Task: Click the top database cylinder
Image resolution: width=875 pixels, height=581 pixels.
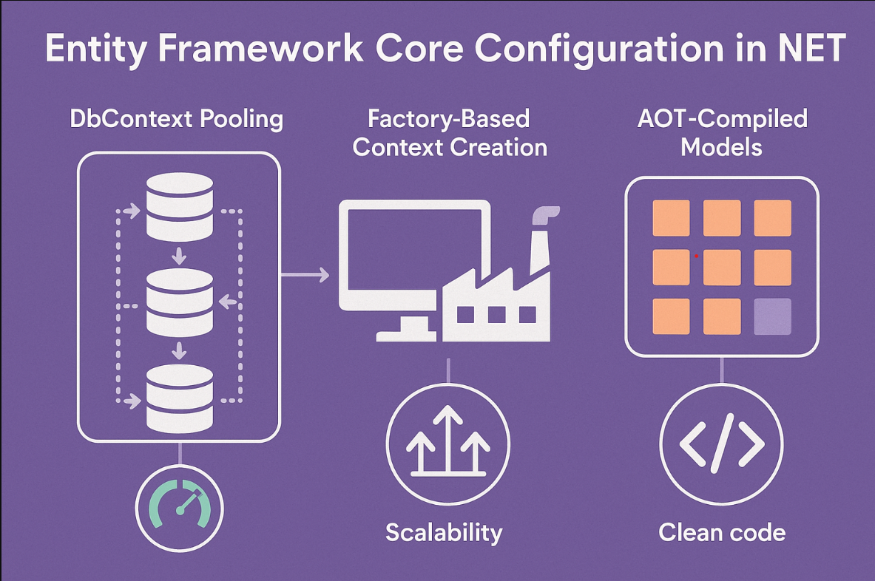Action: point(180,207)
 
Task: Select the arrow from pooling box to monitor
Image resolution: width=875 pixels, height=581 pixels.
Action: point(305,276)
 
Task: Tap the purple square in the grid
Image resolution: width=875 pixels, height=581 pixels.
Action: point(772,316)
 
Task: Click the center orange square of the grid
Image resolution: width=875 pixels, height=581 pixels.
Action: point(721,268)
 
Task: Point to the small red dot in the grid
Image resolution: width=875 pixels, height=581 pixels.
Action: point(697,256)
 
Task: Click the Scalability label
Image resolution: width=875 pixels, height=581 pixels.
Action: point(444,532)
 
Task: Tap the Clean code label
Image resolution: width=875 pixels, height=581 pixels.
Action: point(721,532)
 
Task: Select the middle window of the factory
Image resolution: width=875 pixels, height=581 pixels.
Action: point(496,314)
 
